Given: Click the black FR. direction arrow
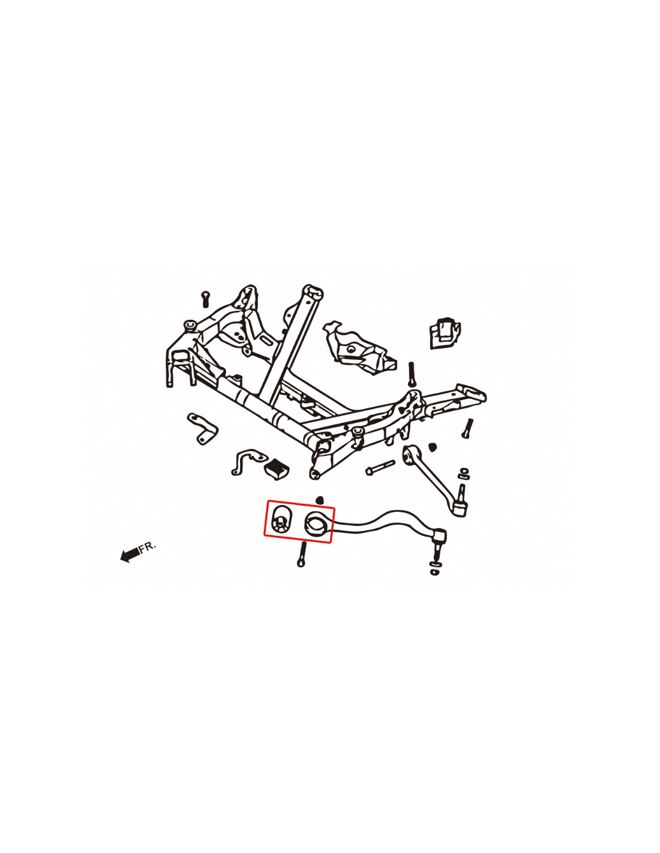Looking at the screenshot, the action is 129,554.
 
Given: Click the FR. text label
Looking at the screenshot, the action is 147,546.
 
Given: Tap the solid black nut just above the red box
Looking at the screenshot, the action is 320,500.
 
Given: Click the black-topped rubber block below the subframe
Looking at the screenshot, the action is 277,467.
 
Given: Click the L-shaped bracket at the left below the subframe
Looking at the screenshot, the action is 202,428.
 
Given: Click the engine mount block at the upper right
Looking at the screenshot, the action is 445,332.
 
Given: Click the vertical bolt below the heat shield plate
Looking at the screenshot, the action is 412,375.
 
